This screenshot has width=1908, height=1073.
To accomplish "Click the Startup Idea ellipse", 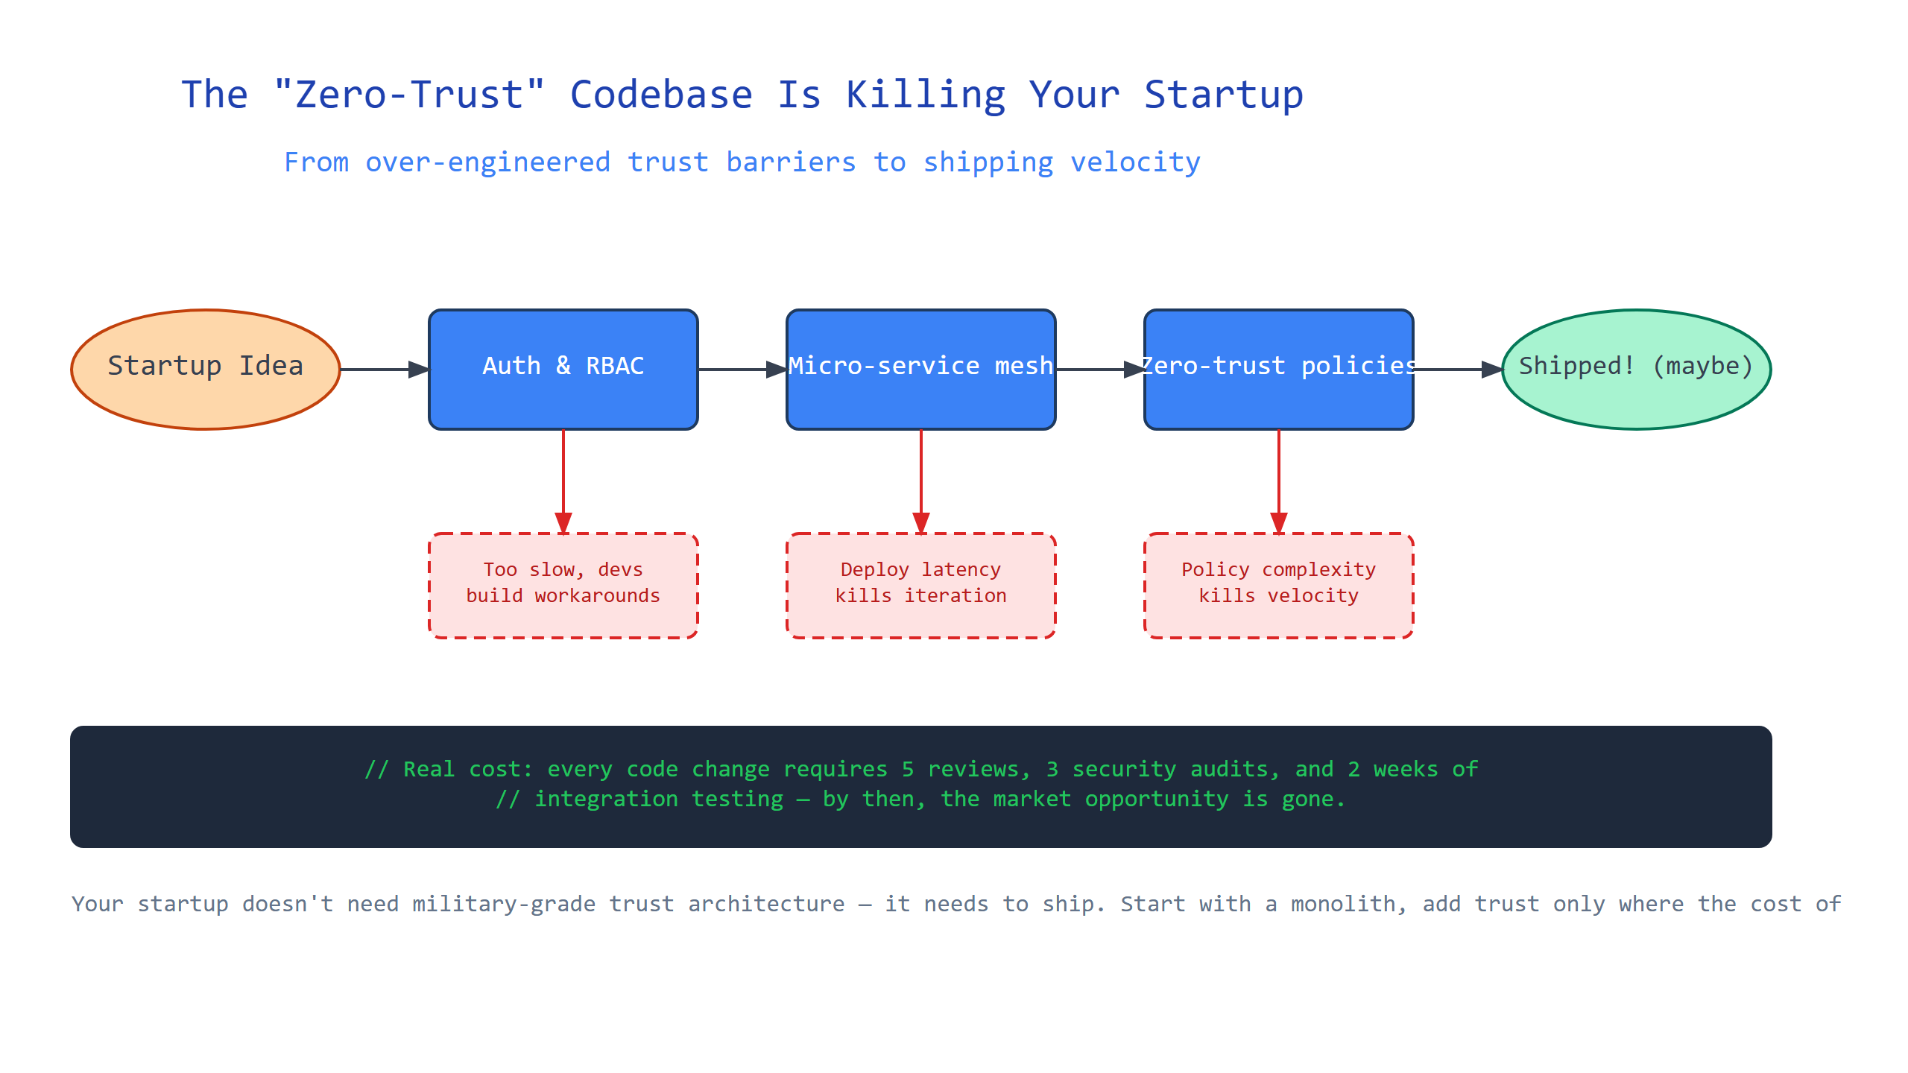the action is click(x=206, y=370).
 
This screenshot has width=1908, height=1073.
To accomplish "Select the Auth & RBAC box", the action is click(x=563, y=370).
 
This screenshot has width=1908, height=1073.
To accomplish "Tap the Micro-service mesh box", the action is click(x=921, y=370).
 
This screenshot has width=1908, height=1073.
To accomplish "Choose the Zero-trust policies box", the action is click(x=1279, y=370).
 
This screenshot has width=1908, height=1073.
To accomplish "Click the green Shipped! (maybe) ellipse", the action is click(x=1637, y=370).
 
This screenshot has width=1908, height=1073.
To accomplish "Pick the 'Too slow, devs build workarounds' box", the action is click(x=563, y=586).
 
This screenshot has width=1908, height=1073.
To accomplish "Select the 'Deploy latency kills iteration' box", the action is click(x=921, y=586).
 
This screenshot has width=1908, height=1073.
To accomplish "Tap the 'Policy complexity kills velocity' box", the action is click(x=1279, y=586).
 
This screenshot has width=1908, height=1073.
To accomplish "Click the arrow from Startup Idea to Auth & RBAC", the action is click(x=385, y=370).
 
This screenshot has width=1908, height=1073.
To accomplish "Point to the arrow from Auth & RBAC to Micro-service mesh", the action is click(x=742, y=370).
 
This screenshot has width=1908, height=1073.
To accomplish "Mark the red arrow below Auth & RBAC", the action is click(x=563, y=481).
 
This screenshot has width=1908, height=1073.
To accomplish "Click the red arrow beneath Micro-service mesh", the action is click(x=921, y=481).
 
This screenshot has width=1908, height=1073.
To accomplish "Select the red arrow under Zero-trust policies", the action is click(x=1279, y=481).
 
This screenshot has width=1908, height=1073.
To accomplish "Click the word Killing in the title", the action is click(x=926, y=95).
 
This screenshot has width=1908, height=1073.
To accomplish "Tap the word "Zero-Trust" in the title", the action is click(x=409, y=94).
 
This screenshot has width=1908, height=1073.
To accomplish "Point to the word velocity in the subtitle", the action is click(x=1135, y=162).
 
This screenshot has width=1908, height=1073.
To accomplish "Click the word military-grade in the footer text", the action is click(x=504, y=905).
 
